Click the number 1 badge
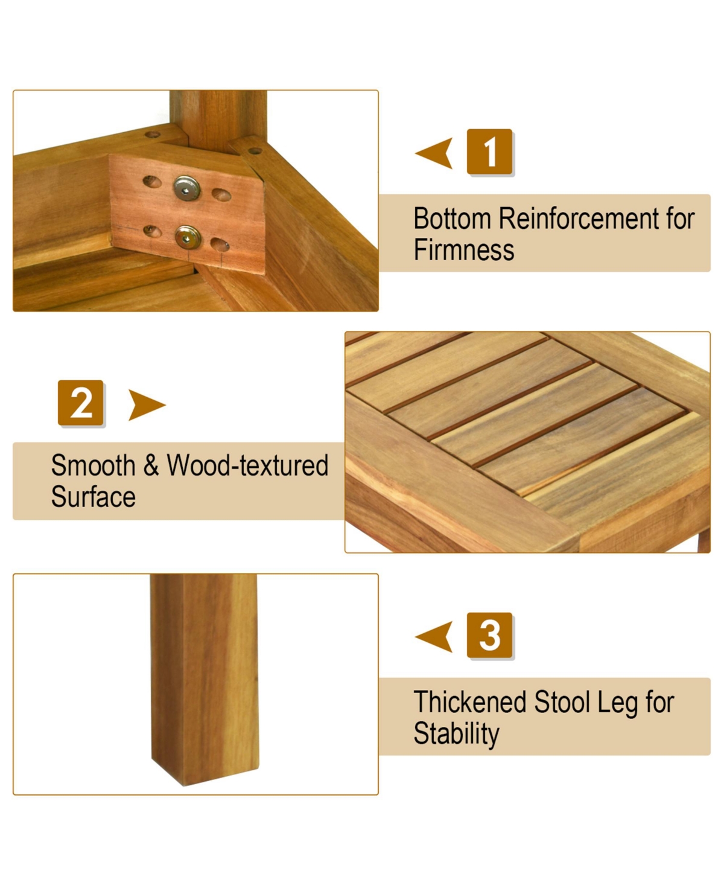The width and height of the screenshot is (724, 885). coord(489,152)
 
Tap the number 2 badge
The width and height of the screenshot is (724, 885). coord(80,403)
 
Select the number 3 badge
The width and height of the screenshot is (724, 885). coord(489,634)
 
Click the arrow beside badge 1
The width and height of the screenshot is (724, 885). coord(434,153)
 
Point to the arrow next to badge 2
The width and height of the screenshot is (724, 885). coord(147,404)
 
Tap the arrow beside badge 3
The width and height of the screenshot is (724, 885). coord(434,636)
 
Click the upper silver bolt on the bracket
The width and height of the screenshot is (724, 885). coord(186,188)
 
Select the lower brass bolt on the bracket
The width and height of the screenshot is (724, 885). coord(188,237)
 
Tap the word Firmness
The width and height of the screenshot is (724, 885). coord(464,250)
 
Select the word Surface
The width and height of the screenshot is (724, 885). coord(93,496)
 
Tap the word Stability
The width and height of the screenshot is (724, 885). coord(456,734)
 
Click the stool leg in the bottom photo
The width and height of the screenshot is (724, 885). coord(205,679)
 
